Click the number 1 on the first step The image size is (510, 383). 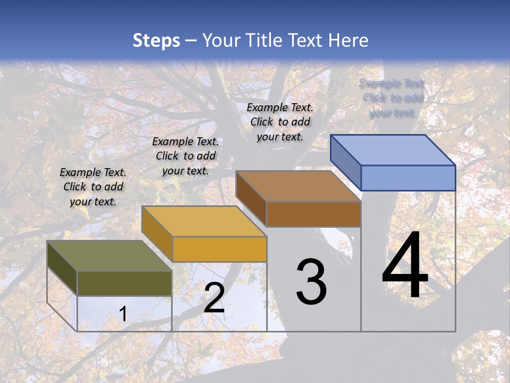pos(123,314)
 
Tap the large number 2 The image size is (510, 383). pos(214,298)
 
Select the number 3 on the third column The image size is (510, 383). pos(311,281)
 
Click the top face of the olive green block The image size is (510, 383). pos(109,256)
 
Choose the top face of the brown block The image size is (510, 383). pos(298,186)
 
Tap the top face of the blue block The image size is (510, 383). pos(393,150)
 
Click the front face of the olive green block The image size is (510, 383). pos(124,283)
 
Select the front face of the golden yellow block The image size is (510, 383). pos(219,249)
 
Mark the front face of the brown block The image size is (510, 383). pos(313,214)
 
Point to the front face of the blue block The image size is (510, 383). pos(408,178)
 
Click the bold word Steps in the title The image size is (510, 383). pos(156,40)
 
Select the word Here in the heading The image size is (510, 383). pos(348,40)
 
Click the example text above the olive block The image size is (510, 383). pos(93,187)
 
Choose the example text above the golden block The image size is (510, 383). pos(185,156)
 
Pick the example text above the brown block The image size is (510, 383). pos(280,122)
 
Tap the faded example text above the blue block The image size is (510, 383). pos(392,98)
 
